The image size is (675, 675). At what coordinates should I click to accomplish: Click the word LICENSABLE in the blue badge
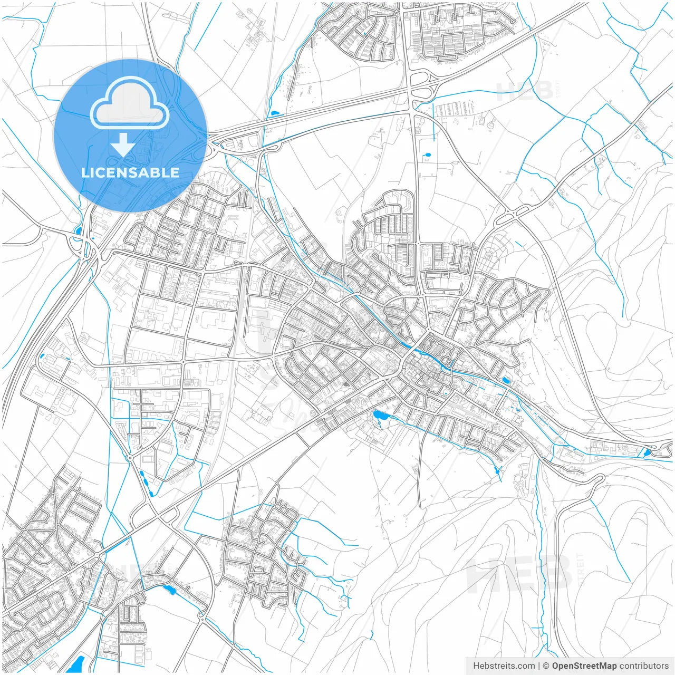pos(130,172)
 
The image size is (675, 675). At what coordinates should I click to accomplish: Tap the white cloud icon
pos(130,104)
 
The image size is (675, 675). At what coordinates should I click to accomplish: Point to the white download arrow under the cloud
pos(123,144)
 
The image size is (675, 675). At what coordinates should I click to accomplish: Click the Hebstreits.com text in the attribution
pos(504,666)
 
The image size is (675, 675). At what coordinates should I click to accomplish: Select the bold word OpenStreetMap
pos(584,666)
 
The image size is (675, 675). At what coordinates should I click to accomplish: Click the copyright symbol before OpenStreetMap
pos(546,666)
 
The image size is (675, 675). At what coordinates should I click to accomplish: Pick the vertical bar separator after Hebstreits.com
pos(539,666)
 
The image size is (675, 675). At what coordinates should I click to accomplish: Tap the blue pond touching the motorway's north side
pos(274,113)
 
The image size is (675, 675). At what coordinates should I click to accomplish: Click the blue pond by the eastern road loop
pos(647,452)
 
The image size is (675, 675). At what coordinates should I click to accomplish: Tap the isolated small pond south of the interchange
pos(427,156)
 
